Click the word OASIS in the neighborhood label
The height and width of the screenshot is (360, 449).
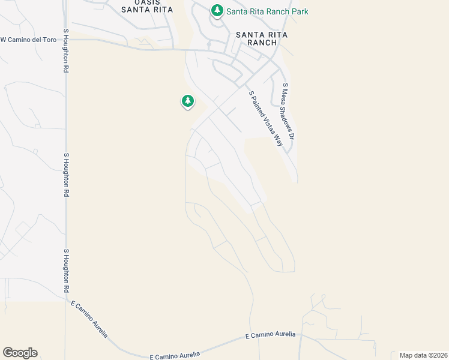pyautogui.click(x=148, y=2)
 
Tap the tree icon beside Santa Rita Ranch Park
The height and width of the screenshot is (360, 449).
pyautogui.click(x=217, y=10)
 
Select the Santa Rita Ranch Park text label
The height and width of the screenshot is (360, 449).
pyautogui.click(x=267, y=11)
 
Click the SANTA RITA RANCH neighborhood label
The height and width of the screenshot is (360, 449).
pyautogui.click(x=261, y=38)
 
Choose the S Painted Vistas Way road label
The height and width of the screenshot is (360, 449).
pyautogui.click(x=266, y=119)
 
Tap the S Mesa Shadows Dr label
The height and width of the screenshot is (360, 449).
pyautogui.click(x=289, y=112)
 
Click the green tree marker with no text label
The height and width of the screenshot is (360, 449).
pyautogui.click(x=188, y=101)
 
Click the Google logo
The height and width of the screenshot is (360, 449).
pyautogui.click(x=20, y=353)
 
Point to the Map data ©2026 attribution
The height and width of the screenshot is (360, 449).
pyautogui.click(x=423, y=355)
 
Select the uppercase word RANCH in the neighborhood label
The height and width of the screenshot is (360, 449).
pyautogui.click(x=261, y=43)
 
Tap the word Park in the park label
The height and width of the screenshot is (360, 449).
pyautogui.click(x=300, y=11)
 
